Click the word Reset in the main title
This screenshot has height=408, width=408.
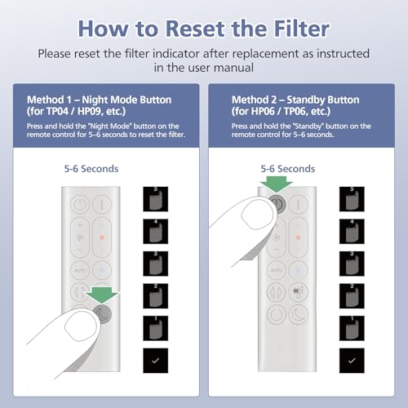tap(196, 29)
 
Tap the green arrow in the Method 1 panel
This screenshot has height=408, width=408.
tap(102, 295)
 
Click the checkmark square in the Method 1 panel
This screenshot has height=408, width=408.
tap(156, 361)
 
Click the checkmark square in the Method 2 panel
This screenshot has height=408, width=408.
tap(352, 361)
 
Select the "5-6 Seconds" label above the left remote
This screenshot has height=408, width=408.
tap(91, 169)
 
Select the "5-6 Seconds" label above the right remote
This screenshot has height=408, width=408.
tap(288, 169)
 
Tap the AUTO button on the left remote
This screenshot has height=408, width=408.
tap(80, 270)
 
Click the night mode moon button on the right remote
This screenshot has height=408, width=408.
tap(299, 315)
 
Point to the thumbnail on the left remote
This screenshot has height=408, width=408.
tap(81, 325)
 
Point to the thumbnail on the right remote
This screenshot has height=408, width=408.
tap(257, 214)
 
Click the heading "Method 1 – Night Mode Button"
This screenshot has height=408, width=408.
tap(100, 100)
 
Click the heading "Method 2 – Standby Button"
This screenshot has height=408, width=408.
tap(295, 100)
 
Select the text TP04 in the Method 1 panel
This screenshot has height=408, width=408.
tap(57, 111)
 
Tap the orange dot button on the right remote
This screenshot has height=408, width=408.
tap(298, 237)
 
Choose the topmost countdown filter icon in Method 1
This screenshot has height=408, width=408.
tap(156, 199)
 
